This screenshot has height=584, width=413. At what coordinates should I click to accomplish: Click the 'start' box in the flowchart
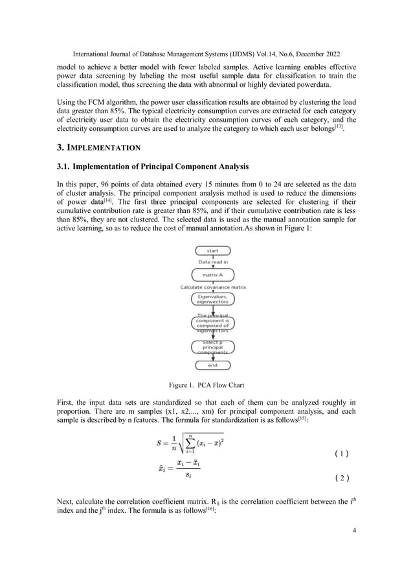point(212,251)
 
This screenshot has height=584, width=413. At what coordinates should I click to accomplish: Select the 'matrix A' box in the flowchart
point(212,275)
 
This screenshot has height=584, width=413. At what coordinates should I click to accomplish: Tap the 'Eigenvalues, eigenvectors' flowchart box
point(212,298)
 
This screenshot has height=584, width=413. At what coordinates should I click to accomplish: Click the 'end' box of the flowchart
point(212,365)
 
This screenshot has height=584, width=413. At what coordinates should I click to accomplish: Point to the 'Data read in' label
point(212,262)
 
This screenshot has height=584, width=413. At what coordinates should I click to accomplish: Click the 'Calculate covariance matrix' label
point(212,286)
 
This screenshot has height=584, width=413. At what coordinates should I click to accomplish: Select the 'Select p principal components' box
point(212,346)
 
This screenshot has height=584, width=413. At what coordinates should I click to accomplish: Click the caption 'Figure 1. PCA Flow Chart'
point(206,385)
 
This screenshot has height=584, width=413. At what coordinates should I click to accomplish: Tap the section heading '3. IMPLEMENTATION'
point(103,148)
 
